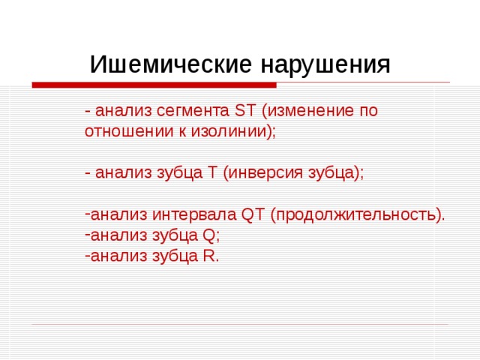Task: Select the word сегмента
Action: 195,111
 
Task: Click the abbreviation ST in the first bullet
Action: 245,111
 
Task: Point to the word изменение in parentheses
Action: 306,111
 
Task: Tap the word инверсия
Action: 259,172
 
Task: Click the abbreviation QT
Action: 253,215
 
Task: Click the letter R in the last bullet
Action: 208,256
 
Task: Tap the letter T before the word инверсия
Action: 213,172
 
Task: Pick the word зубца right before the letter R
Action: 175,256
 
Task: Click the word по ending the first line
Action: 367,111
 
